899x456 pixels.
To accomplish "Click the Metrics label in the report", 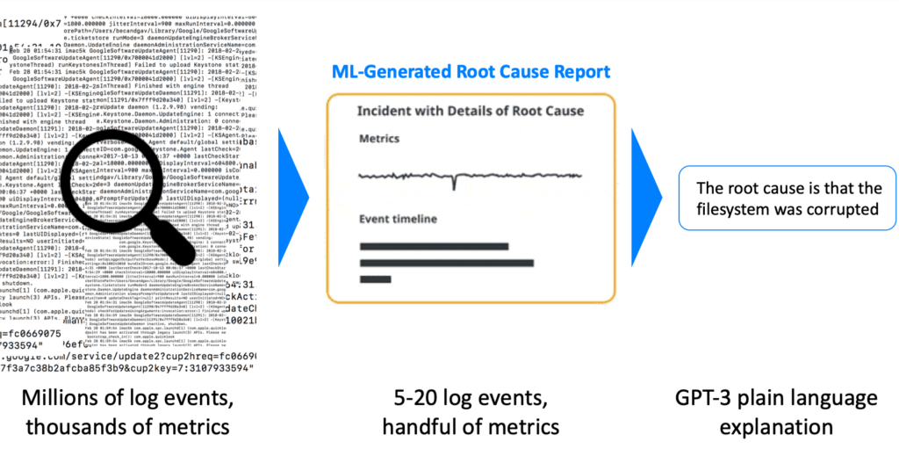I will [x=379, y=139].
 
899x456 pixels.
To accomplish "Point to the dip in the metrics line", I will [x=454, y=183].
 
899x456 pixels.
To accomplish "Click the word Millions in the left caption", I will [x=76, y=401].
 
